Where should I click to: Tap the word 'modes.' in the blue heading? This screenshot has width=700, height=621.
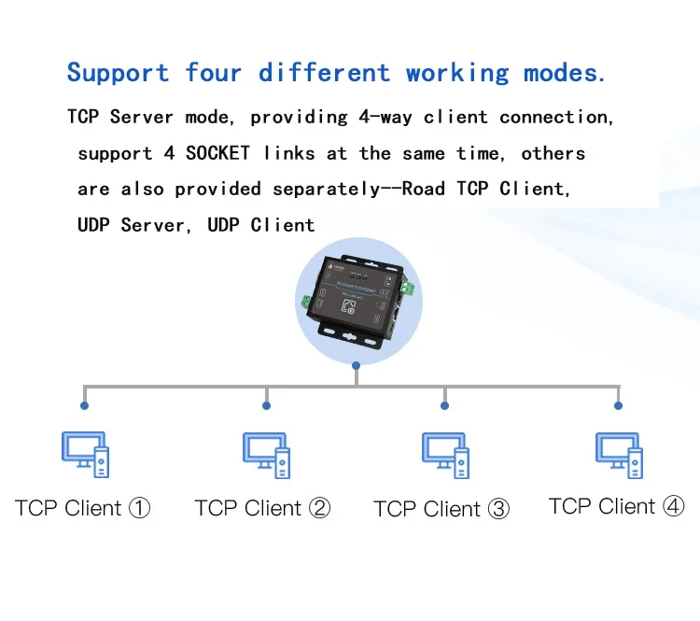click(x=564, y=73)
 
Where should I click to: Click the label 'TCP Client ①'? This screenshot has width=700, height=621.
click(x=82, y=508)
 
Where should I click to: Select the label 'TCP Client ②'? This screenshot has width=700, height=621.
click(x=262, y=508)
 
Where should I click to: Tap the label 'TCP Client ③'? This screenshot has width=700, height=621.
click(x=441, y=509)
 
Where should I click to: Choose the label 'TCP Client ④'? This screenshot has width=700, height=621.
click(x=617, y=506)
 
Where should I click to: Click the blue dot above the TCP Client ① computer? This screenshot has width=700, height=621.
click(x=85, y=405)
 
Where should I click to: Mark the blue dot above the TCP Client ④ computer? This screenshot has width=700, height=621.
click(x=618, y=405)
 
